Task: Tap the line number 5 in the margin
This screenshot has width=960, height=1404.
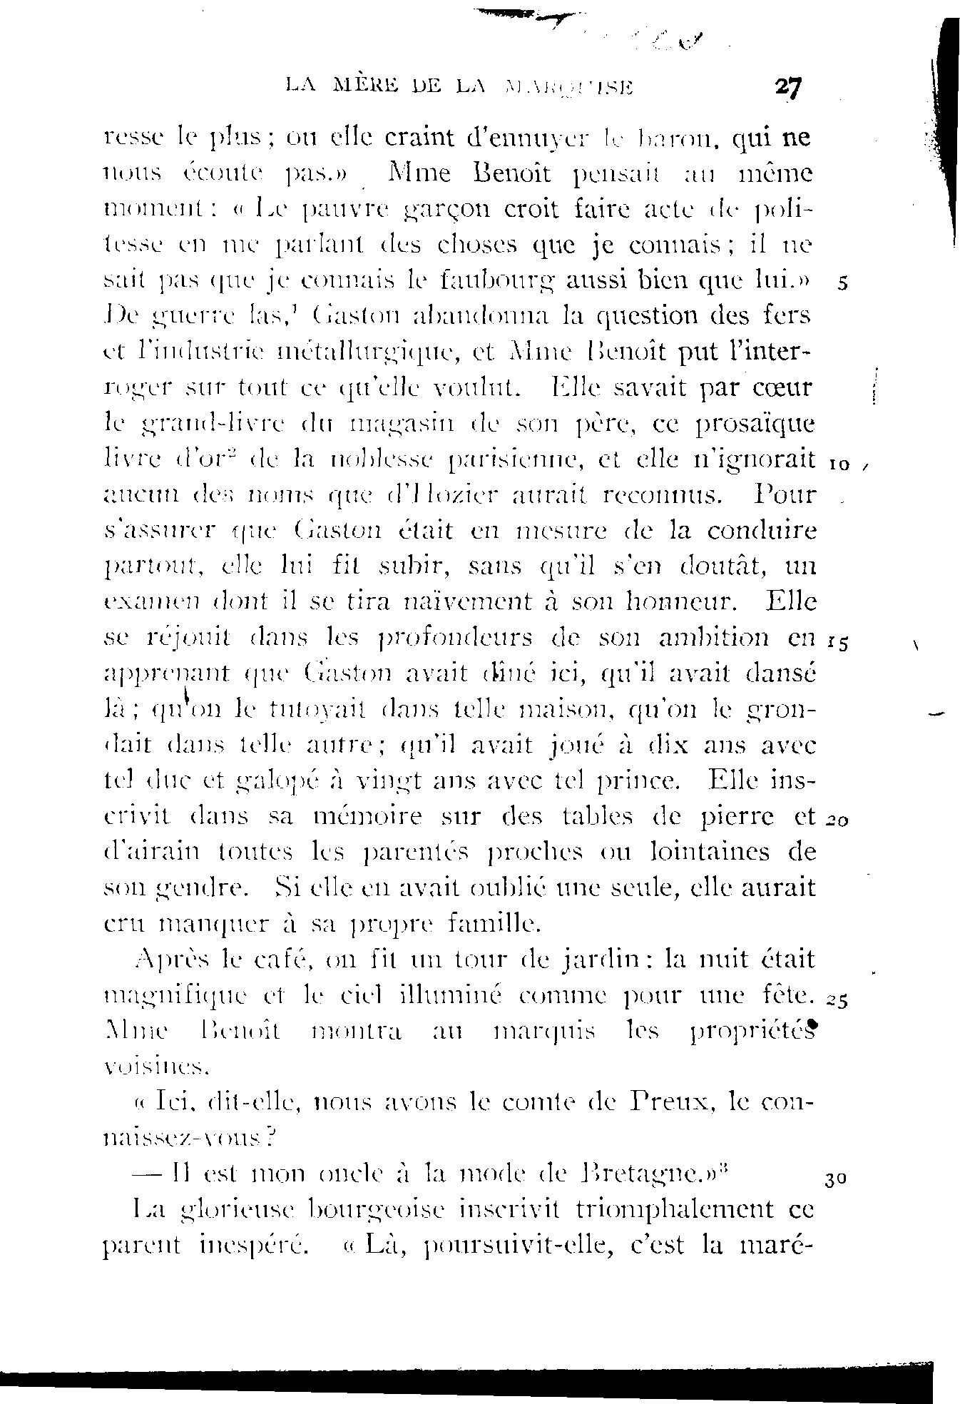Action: [843, 283]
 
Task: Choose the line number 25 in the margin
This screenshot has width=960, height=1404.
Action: [837, 1001]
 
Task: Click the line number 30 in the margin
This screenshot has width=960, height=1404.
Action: [835, 1179]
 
